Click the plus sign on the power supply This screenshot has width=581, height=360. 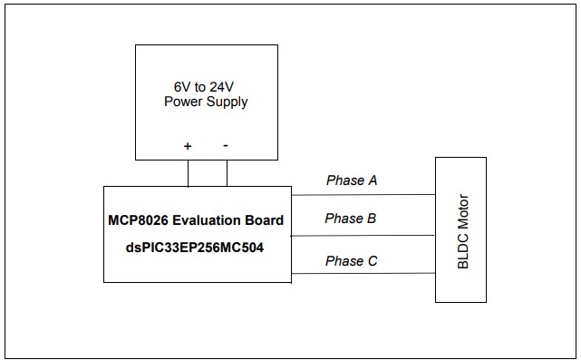click(x=188, y=145)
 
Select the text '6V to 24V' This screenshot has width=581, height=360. click(x=206, y=87)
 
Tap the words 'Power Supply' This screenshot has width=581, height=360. click(x=206, y=102)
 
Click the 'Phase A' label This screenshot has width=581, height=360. click(x=352, y=180)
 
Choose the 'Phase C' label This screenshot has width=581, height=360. click(x=351, y=261)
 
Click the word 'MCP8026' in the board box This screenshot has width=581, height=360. click(x=140, y=220)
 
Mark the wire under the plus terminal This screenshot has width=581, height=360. click(x=189, y=172)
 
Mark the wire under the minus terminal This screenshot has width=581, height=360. click(x=227, y=172)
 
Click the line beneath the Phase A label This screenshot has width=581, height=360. click(x=363, y=194)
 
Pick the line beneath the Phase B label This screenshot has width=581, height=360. click(x=363, y=235)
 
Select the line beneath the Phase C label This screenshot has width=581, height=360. click(x=363, y=274)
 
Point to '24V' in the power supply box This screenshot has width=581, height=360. click(x=222, y=87)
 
